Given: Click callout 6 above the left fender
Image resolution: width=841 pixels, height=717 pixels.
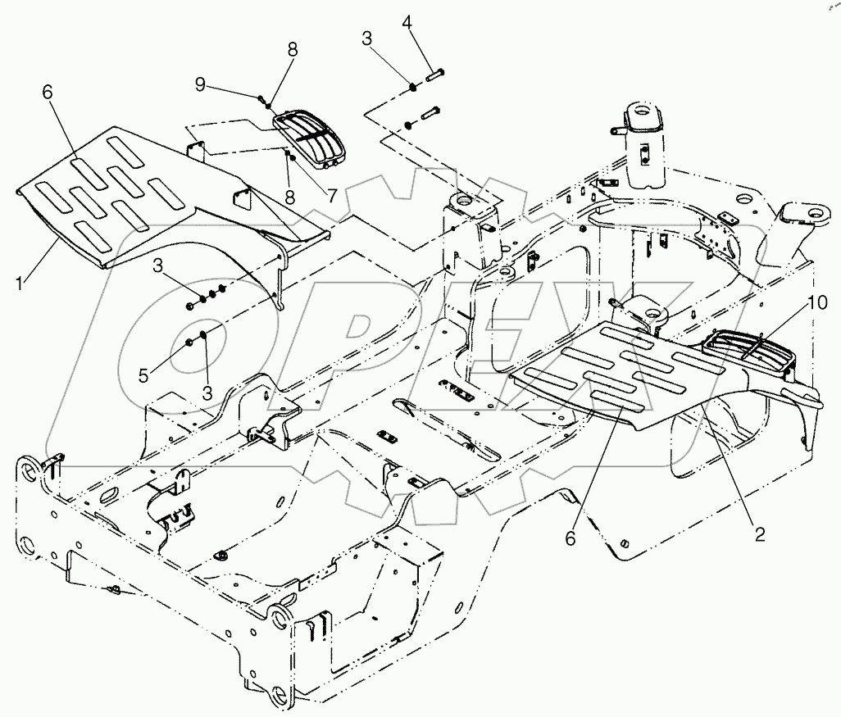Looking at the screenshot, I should pos(47,93).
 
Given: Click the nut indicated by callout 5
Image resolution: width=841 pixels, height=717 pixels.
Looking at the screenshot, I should pos(189,343).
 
